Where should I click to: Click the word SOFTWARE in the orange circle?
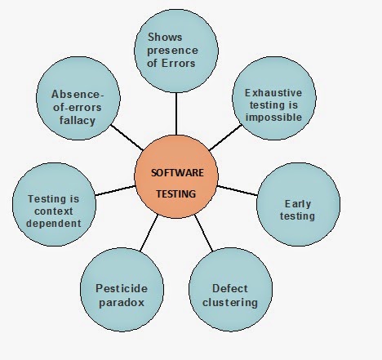(177, 173)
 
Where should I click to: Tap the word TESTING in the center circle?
(176, 194)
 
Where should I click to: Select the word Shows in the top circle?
(165, 37)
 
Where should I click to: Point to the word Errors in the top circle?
(179, 63)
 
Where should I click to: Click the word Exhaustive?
(273, 93)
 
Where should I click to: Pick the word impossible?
(273, 118)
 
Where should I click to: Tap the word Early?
(298, 204)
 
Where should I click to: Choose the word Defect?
(230, 288)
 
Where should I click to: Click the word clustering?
(230, 303)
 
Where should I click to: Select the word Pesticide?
(122, 288)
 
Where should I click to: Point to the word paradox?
(122, 303)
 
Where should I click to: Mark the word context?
(54, 211)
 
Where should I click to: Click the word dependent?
(54, 224)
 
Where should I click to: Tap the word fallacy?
(78, 120)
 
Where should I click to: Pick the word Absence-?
(78, 95)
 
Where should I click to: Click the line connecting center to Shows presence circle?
(176, 113)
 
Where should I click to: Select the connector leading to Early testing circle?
(238, 190)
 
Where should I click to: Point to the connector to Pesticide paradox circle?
(149, 233)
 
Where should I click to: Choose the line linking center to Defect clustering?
(204, 233)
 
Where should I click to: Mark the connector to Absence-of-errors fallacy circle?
(127, 137)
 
